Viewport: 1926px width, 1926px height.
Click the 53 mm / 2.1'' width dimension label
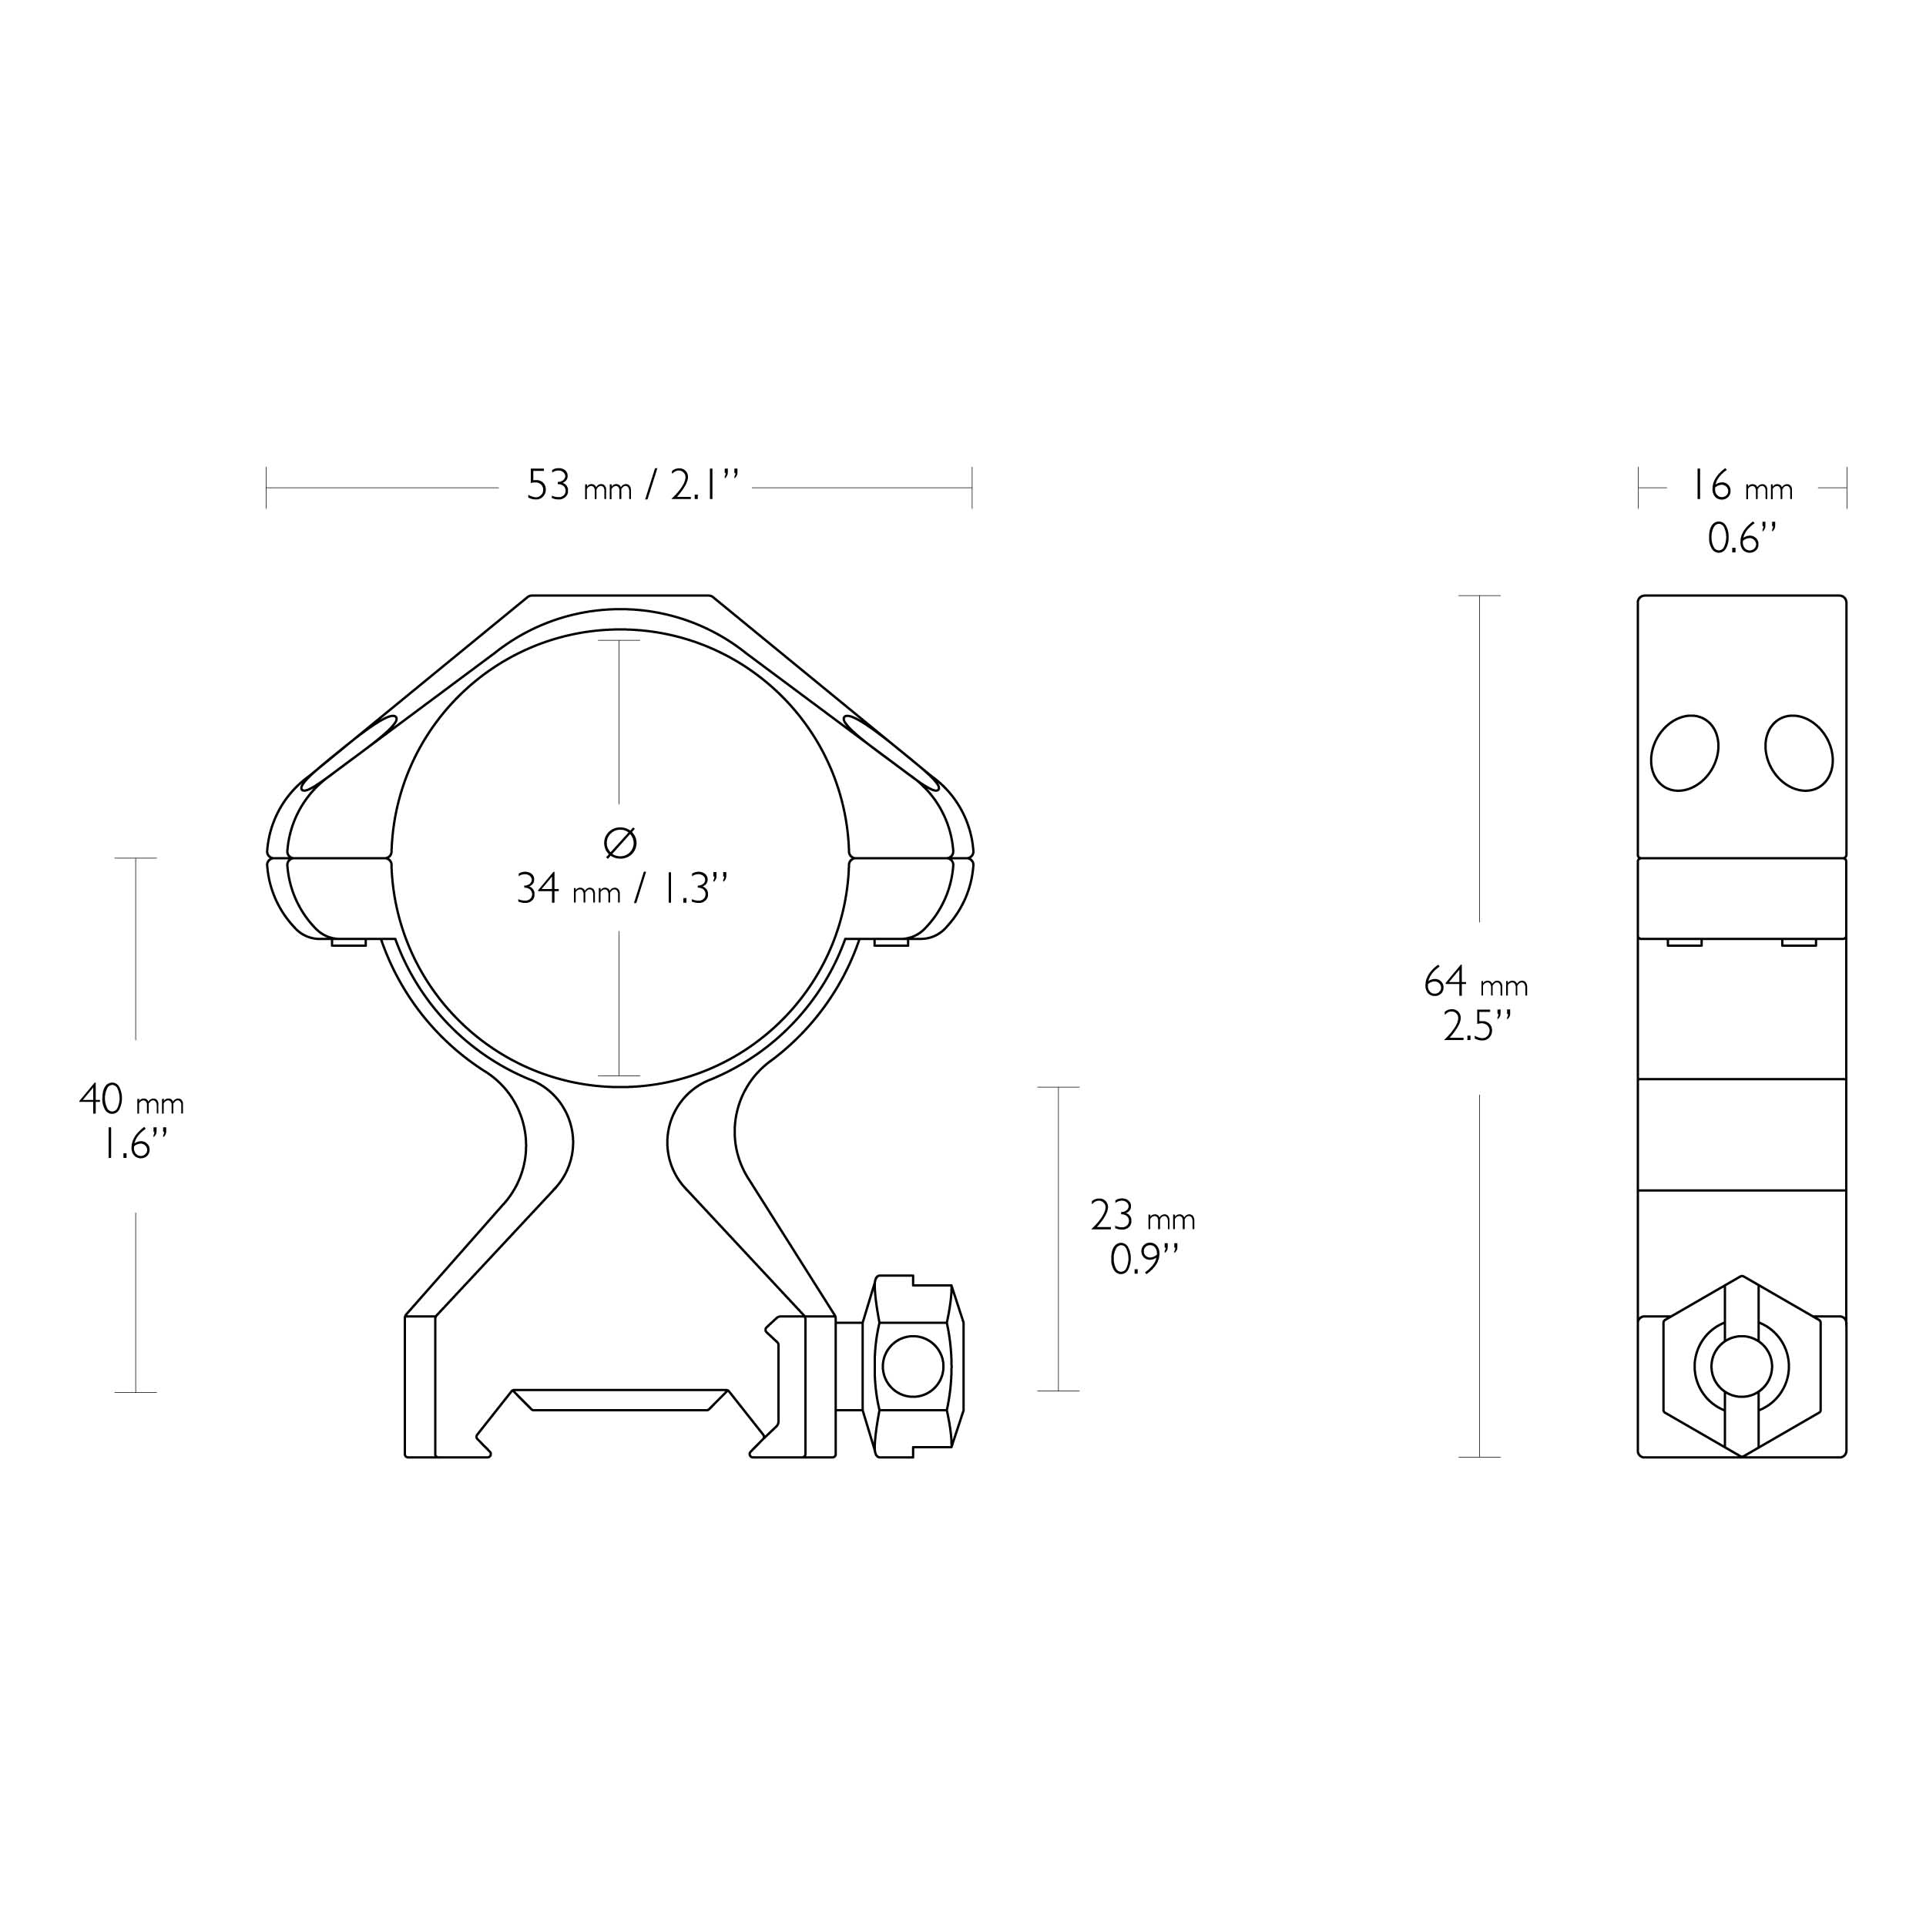[x=633, y=486]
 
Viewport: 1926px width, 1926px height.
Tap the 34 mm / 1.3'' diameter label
[x=622, y=888]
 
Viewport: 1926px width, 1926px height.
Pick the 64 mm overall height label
[x=1475, y=983]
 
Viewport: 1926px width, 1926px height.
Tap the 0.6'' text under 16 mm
[x=1743, y=539]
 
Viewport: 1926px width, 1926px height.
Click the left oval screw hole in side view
[x=1685, y=753]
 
